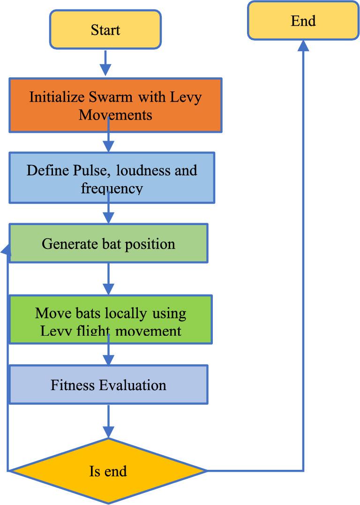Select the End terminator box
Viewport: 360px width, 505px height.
pyautogui.click(x=303, y=21)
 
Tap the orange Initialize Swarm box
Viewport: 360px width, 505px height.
pyautogui.click(x=115, y=105)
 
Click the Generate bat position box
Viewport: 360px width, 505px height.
pyautogui.click(x=108, y=243)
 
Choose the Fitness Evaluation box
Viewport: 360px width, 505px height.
pyautogui.click(x=108, y=385)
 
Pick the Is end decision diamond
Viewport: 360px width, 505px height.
pyautogui.click(x=108, y=470)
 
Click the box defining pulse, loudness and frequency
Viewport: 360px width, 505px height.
pyautogui.click(x=112, y=178)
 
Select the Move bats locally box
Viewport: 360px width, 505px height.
pyautogui.click(x=111, y=319)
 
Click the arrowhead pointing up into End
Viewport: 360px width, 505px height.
pyautogui.click(x=303, y=45)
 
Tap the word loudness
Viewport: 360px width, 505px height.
pyautogui.click(x=136, y=170)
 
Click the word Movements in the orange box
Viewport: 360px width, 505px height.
pyautogui.click(x=115, y=114)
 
